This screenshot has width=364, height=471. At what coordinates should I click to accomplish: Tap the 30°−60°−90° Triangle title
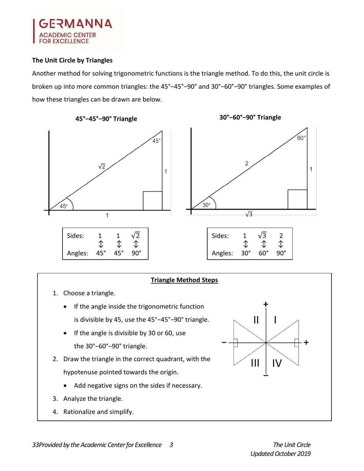tap(250, 117)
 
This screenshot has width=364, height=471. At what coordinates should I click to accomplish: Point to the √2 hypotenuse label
tap(102, 166)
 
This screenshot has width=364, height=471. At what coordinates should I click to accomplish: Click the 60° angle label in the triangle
tap(302, 138)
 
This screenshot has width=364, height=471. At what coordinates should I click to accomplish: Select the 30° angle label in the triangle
tap(206, 205)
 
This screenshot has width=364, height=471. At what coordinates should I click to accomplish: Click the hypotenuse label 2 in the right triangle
tap(247, 164)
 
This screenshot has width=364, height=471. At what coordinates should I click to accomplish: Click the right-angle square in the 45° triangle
tap(152, 200)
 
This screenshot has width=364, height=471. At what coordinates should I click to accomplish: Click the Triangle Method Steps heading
tap(184, 280)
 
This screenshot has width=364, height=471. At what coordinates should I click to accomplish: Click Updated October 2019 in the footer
tap(280, 453)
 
